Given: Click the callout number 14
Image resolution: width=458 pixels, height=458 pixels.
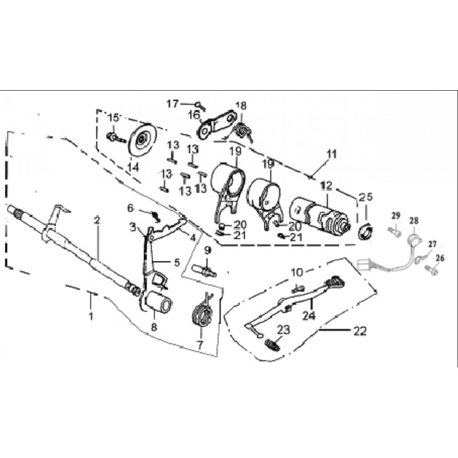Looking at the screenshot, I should (133, 168).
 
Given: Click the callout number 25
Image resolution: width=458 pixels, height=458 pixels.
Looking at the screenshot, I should (365, 197).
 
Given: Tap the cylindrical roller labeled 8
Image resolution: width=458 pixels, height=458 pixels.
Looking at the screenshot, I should (158, 304).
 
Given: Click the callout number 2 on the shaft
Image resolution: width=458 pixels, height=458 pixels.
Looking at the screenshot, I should (96, 220).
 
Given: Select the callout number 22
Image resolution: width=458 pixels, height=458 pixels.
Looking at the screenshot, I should (360, 332).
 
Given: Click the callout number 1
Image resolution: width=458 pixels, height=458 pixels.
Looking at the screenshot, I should (90, 316).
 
